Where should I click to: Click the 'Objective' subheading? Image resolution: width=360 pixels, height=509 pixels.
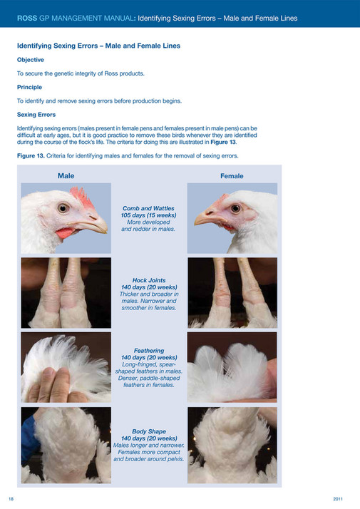tap(30, 60)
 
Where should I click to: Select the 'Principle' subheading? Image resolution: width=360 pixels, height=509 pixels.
tap(30, 87)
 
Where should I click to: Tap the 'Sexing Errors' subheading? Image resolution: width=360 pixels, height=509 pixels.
tap(37, 114)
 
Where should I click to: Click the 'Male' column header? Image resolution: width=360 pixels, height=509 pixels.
tap(66, 175)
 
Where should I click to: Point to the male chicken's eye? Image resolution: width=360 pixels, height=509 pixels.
tap(63, 208)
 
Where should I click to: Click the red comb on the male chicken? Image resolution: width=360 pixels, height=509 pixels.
tap(80, 197)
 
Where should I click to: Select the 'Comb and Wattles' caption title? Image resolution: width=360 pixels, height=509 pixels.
tap(149, 207)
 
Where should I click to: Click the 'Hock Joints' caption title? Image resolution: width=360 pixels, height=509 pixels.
tap(149, 280)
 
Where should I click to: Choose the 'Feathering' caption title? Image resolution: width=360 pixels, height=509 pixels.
tap(149, 350)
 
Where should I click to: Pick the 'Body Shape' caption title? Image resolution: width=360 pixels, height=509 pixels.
tap(149, 431)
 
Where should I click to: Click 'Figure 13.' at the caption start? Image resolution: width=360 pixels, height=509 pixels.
tap(32, 155)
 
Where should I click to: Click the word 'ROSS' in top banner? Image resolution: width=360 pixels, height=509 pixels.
tap(28, 16)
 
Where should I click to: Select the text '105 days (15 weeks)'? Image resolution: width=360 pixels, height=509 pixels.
tap(149, 215)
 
